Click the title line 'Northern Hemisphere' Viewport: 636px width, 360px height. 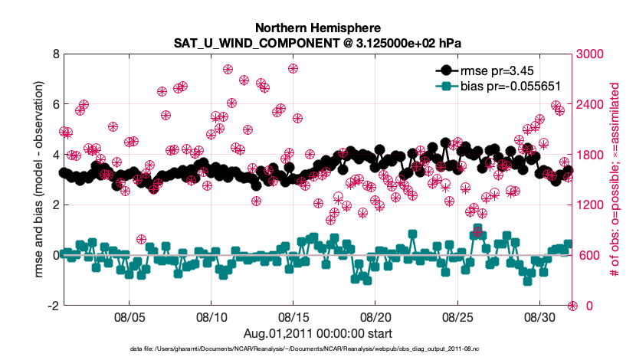(318, 26)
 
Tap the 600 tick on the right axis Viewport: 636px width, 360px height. (585, 255)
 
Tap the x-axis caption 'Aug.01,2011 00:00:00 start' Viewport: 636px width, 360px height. (318, 333)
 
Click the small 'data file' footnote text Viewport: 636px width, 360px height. (318, 349)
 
